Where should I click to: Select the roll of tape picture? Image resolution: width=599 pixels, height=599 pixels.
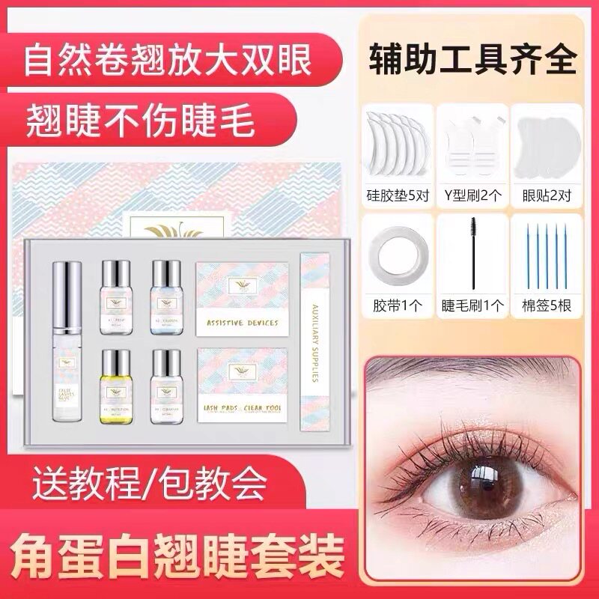coord(395,252)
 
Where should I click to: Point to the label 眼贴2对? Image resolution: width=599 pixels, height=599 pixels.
coord(546,196)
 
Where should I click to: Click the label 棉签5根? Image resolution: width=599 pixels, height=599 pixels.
coord(546,305)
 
